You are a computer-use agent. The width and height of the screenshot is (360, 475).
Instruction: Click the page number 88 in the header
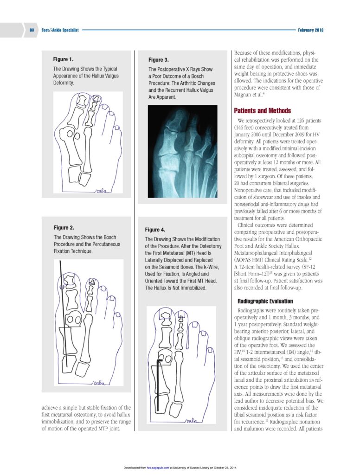32,30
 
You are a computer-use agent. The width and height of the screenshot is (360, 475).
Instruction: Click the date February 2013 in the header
311,30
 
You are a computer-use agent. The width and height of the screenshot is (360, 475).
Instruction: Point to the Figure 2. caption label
64,228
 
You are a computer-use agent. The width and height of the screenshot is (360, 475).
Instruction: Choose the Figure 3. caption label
159,60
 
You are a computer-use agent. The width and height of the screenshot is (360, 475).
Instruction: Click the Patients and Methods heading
263,111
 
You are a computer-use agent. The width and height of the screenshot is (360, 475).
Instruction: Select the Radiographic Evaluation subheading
265,302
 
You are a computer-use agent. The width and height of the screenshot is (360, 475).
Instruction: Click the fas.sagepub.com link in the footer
158,467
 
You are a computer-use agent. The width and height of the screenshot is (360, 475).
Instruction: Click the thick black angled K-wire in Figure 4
158,380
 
